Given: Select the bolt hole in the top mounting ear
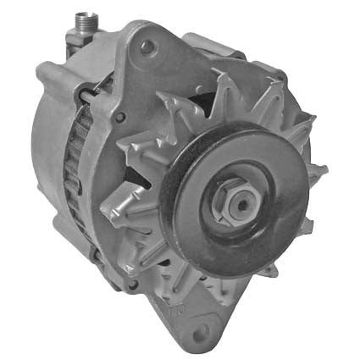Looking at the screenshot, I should coord(147,48).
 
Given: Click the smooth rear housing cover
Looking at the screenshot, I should coord(42,144).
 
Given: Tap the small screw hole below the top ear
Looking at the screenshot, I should coord(119,117).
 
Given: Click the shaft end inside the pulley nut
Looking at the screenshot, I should coord(241,204).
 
